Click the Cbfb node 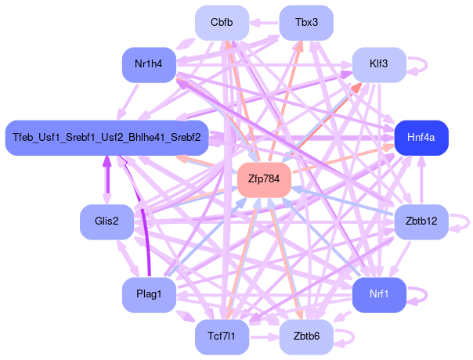coord(222,22)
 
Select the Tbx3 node coord(306,22)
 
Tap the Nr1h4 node coord(149,64)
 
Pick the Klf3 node coord(378,64)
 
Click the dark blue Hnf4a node coord(421,138)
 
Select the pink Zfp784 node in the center coord(264,179)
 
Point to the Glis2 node coord(107,221)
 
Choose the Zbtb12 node coord(421,221)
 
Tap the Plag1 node coord(149,294)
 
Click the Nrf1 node coord(378,294)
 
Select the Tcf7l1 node coord(222,337)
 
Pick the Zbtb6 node coord(306,337)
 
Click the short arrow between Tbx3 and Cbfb coord(264,22)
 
